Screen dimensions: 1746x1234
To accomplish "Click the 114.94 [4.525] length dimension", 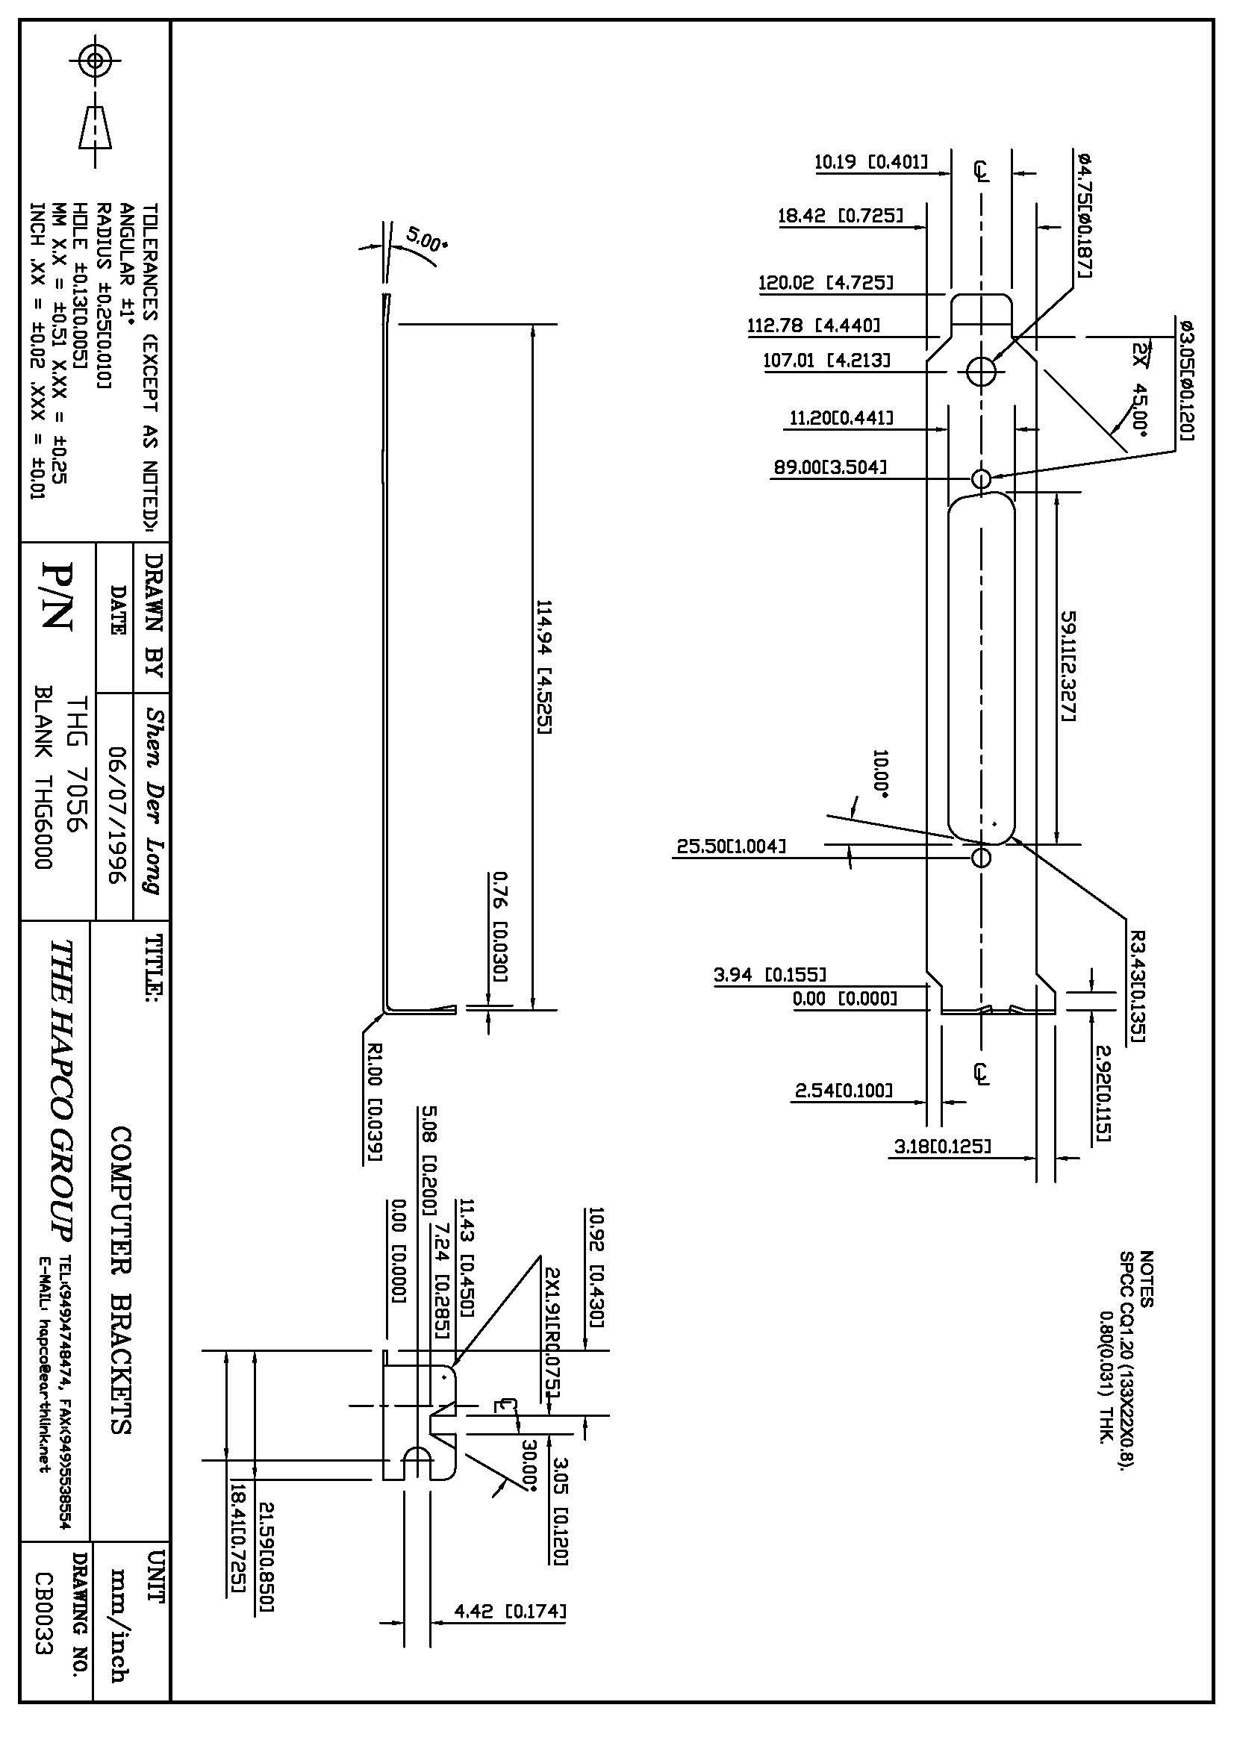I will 544,667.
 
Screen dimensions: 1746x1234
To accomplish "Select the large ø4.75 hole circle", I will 982,371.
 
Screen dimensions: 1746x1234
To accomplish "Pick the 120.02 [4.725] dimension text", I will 826,284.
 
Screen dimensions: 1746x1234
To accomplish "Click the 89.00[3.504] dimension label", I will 830,467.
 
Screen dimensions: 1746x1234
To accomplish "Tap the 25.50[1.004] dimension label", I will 731,846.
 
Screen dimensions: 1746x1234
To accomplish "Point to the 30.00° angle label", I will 529,1465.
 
